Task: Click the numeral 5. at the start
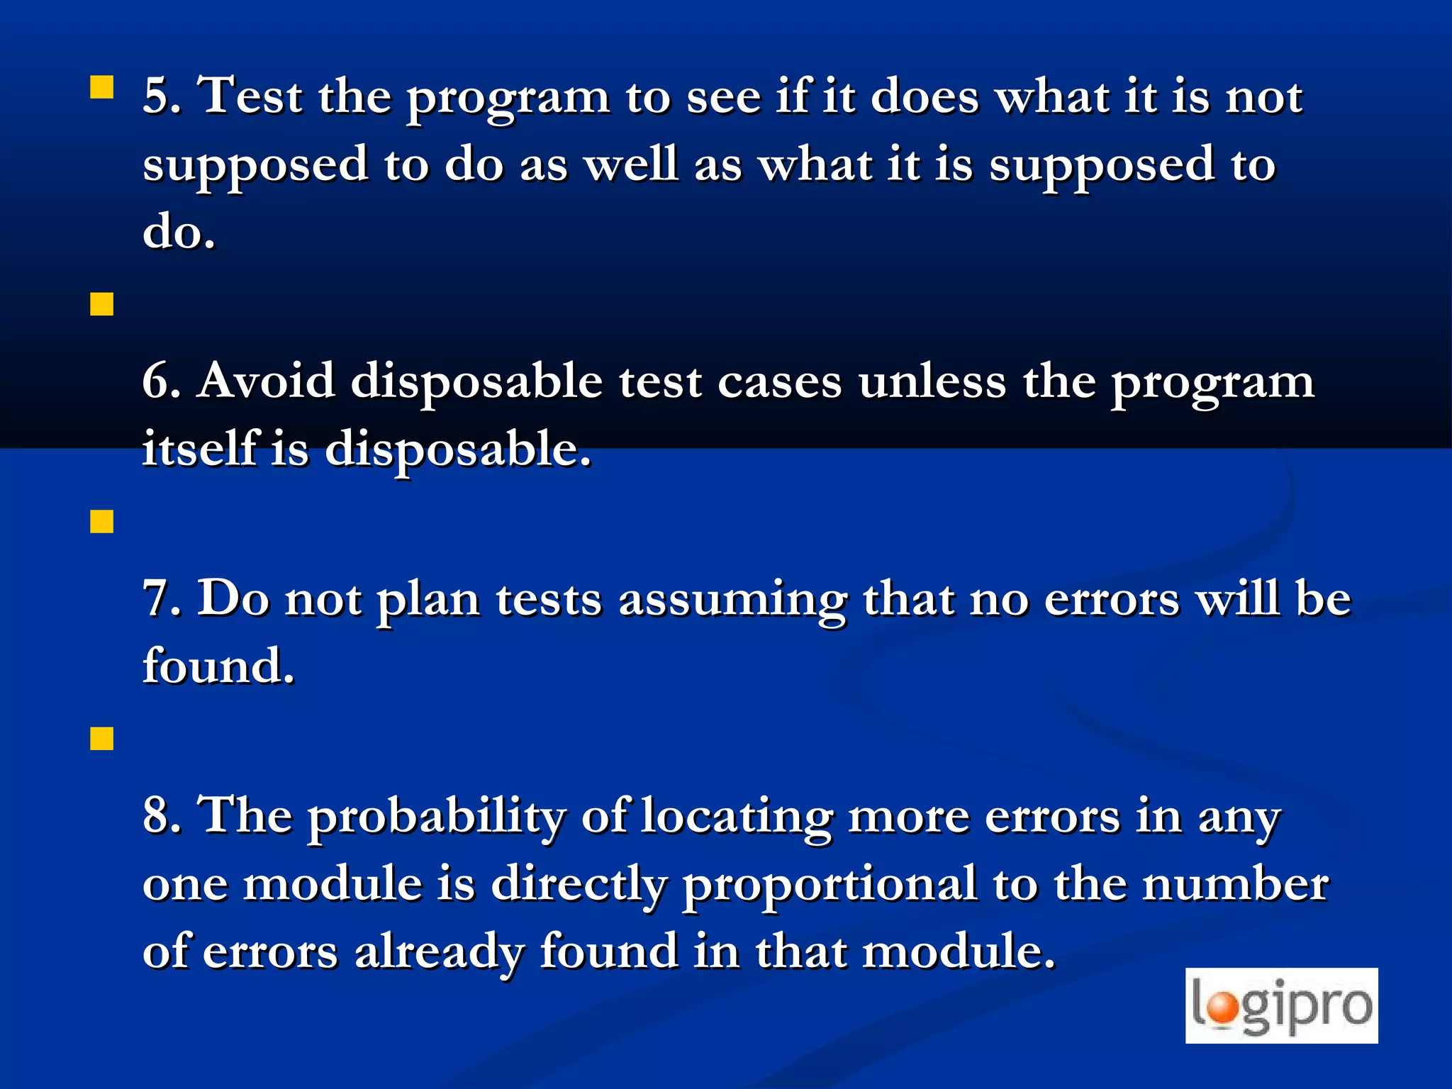pos(162,96)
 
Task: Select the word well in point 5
pos(630,164)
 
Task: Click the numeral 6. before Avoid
pos(162,381)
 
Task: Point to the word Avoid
pos(266,381)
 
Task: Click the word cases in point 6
pos(779,382)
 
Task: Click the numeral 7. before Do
pos(162,598)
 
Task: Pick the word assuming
pos(732,600)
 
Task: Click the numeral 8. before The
pos(162,815)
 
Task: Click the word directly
pos(579,885)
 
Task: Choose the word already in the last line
pos(439,952)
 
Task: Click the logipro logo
pos(1281,1005)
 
